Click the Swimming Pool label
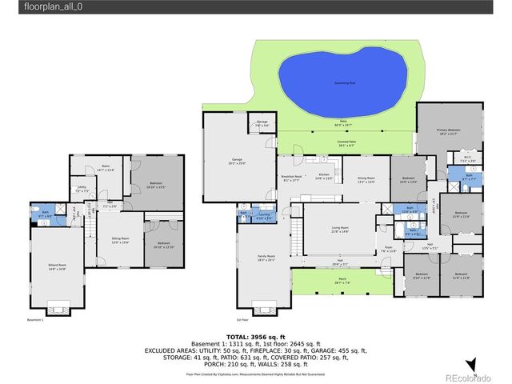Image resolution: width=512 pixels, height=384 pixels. (346, 83)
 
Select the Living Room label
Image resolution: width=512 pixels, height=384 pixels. (341, 229)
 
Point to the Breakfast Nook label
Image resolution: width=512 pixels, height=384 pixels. (291, 178)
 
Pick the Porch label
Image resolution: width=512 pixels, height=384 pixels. (342, 280)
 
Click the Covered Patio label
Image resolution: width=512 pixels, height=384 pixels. (346, 143)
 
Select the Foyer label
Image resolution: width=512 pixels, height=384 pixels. (389, 248)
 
